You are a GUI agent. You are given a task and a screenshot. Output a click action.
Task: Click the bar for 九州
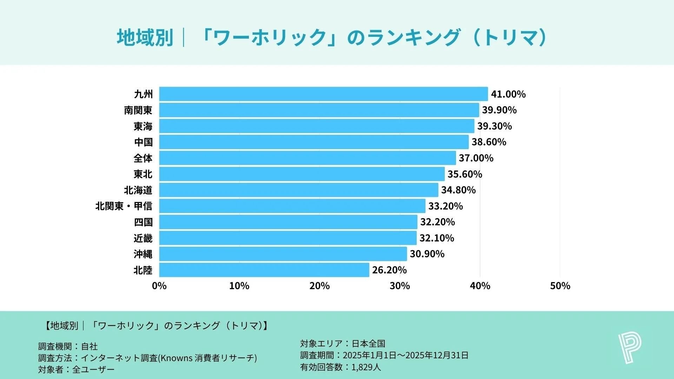(x=323, y=94)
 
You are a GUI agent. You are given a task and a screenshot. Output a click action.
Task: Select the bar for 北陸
(x=264, y=270)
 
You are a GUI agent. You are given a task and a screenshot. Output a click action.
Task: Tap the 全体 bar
(x=307, y=158)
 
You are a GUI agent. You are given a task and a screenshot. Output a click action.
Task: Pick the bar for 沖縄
(x=283, y=254)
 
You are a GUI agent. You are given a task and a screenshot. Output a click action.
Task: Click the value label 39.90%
(x=499, y=110)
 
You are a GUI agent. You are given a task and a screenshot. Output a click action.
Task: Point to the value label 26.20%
(x=389, y=270)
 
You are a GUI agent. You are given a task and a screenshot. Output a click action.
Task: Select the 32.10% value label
(x=437, y=238)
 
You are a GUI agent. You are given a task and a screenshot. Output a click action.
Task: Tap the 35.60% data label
(x=465, y=174)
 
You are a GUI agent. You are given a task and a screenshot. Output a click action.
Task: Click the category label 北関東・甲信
(x=124, y=206)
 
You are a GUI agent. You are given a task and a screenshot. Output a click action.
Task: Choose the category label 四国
(x=143, y=222)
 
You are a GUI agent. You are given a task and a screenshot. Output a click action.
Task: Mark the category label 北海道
(x=138, y=190)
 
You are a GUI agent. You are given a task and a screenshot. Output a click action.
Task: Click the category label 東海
(x=143, y=126)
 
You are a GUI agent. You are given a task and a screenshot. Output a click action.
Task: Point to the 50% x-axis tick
(x=560, y=286)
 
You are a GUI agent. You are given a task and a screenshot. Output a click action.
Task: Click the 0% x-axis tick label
(x=159, y=286)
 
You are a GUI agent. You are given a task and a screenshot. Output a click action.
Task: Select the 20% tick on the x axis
(x=319, y=286)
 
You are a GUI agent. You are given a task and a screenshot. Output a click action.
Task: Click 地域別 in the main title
(x=145, y=38)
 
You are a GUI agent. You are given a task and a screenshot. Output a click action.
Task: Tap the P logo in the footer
(x=629, y=348)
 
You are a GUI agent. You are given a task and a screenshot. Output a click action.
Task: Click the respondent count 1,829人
(x=366, y=367)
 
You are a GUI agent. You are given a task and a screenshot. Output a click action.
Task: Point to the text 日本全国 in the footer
(x=369, y=344)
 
